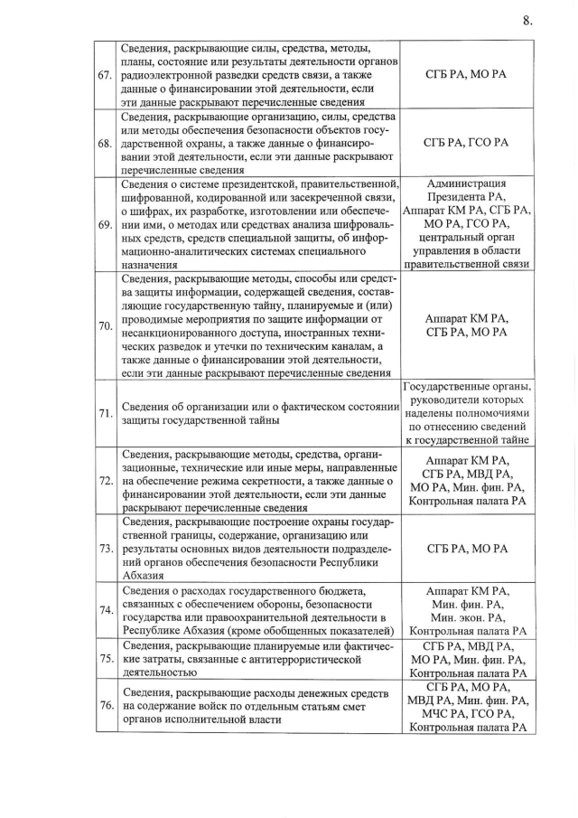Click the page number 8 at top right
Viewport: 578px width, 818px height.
click(x=527, y=21)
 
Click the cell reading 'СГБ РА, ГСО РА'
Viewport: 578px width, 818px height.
click(x=466, y=143)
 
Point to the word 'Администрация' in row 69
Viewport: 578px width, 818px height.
click(x=466, y=183)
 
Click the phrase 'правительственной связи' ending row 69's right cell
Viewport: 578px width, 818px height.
click(x=466, y=264)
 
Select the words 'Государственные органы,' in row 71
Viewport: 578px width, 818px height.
click(x=466, y=387)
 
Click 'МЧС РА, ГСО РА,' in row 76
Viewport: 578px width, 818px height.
click(x=466, y=712)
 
